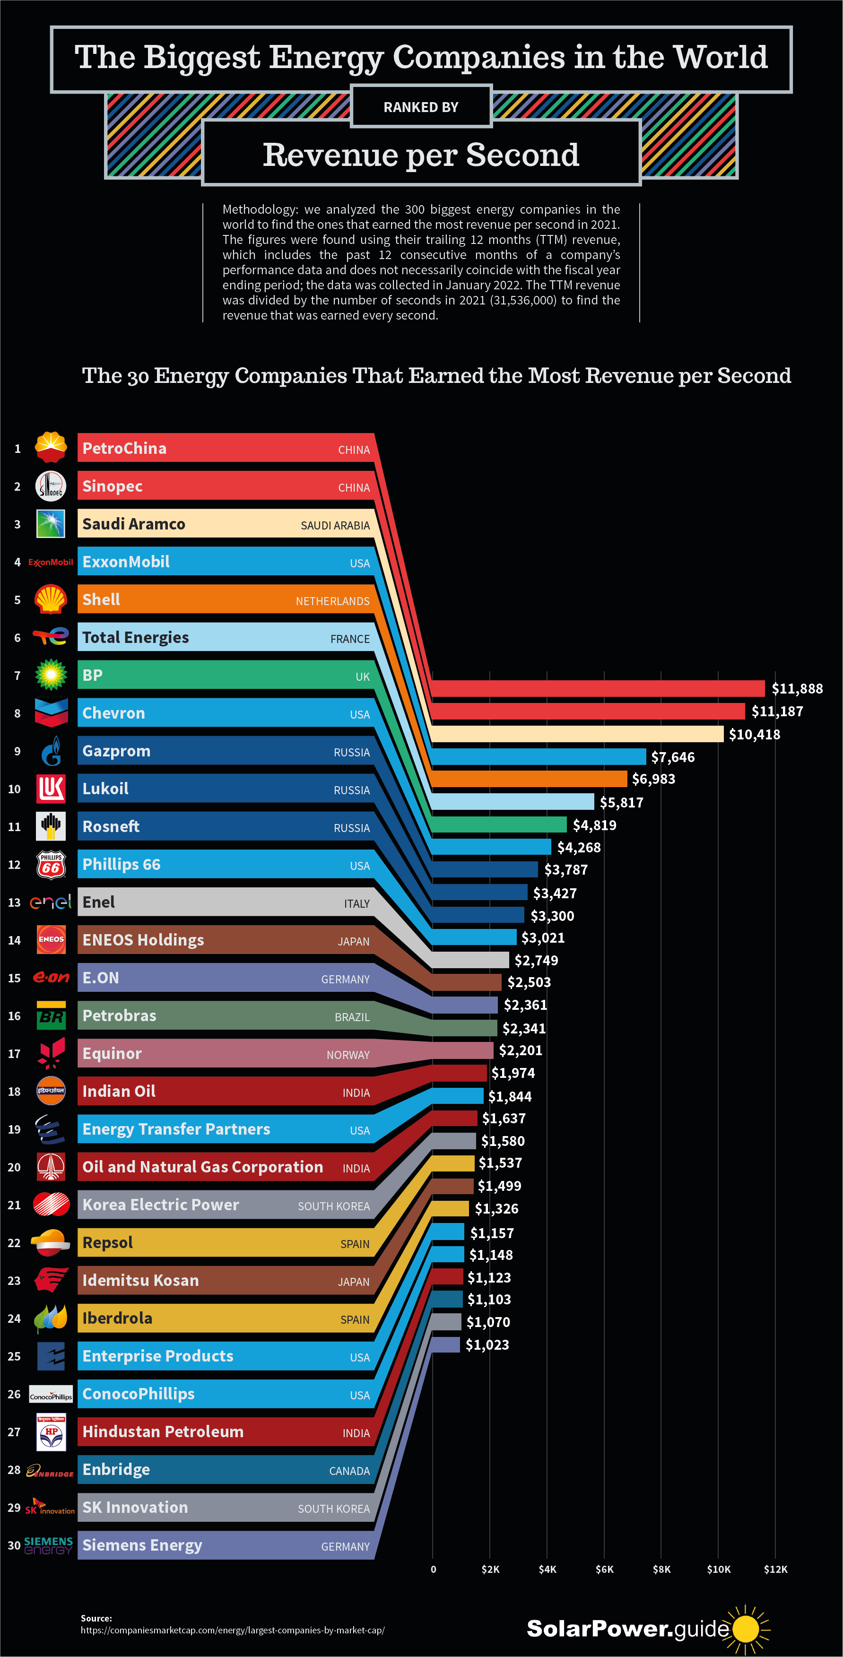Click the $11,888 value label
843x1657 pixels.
click(x=797, y=688)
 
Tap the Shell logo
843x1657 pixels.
click(x=50, y=599)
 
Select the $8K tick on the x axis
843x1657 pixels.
click(x=661, y=1569)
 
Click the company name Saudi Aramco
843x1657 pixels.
click(x=134, y=524)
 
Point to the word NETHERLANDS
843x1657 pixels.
click(x=333, y=601)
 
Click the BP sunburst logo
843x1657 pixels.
click(x=50, y=675)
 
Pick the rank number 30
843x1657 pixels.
click(x=14, y=1545)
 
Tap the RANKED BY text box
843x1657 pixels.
click(x=421, y=107)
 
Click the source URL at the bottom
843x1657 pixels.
click(x=232, y=1630)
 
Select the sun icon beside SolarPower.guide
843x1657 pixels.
click(x=747, y=1629)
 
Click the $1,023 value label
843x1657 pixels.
click(x=487, y=1345)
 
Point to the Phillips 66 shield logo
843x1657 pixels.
click(x=50, y=865)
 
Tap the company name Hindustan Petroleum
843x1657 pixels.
click(x=163, y=1431)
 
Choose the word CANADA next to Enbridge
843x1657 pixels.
click(x=349, y=1471)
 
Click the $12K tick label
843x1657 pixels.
click(x=775, y=1569)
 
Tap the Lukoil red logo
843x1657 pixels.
click(x=50, y=789)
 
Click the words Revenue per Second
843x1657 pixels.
click(x=421, y=155)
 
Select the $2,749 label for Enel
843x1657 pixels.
click(x=536, y=960)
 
